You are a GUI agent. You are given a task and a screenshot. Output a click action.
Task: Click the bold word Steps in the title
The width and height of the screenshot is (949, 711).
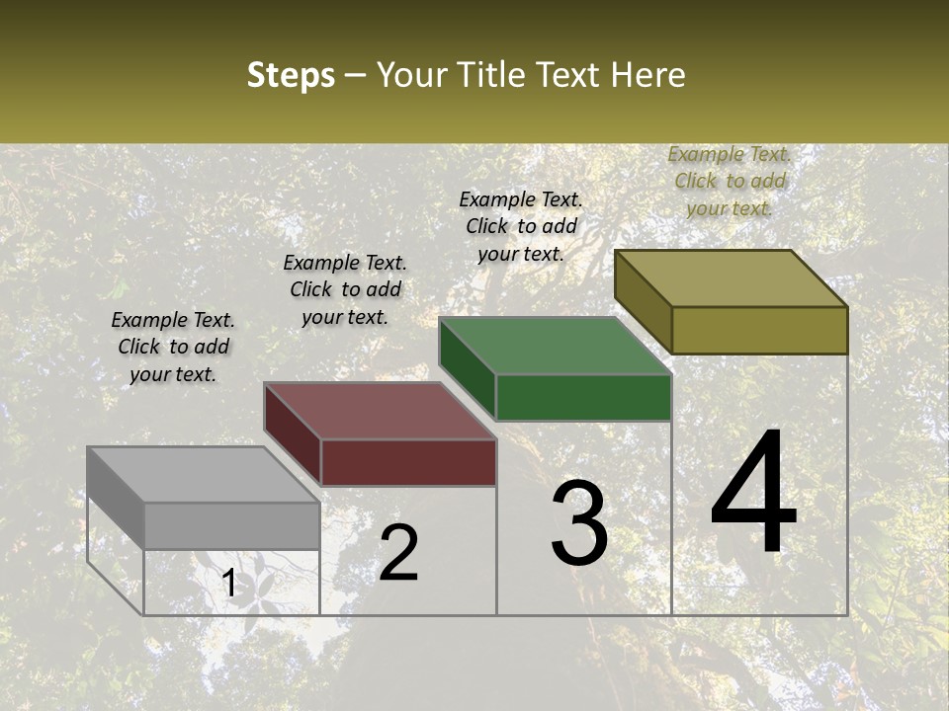(291, 75)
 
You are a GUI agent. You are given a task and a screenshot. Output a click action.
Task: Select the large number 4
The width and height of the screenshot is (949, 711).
(753, 494)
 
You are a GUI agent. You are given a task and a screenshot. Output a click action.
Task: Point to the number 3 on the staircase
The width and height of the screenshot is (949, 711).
(579, 523)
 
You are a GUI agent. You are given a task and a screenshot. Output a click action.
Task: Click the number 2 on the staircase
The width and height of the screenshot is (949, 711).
(398, 554)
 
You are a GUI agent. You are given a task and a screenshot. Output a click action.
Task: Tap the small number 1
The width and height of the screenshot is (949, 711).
(229, 584)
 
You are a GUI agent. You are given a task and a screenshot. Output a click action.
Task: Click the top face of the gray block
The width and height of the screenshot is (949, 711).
(203, 475)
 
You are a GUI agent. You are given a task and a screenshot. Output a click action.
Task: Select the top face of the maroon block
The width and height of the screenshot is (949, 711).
(380, 411)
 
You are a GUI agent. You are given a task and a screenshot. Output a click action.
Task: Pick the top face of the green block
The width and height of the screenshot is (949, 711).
(556, 346)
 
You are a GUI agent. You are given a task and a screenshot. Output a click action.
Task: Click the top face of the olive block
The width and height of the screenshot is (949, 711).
(732, 278)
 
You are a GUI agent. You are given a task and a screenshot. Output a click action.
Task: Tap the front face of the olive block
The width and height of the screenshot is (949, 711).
(759, 330)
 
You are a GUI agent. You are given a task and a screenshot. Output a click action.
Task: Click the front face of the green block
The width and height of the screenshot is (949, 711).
(583, 398)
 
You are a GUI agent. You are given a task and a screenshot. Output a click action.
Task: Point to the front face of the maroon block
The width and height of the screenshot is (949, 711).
(408, 462)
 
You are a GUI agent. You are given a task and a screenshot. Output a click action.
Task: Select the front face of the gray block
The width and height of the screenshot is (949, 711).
(231, 525)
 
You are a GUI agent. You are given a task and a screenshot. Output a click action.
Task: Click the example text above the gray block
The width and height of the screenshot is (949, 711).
(173, 347)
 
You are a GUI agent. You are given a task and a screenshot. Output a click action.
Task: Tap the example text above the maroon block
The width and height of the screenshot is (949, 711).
(345, 289)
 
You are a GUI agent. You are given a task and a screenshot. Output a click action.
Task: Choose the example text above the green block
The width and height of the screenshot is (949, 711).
(521, 226)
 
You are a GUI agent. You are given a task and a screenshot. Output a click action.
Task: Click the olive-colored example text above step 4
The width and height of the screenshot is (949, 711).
(730, 181)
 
